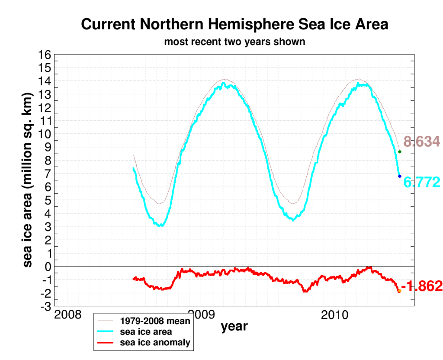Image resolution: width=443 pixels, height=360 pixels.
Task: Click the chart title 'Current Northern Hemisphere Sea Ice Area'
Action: (x=234, y=24)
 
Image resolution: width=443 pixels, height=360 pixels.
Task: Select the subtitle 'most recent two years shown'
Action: (x=234, y=42)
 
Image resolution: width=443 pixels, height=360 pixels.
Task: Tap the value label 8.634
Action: (x=421, y=141)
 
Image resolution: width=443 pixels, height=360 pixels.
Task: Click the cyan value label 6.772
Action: (x=421, y=182)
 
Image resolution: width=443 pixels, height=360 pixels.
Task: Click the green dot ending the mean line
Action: (x=400, y=151)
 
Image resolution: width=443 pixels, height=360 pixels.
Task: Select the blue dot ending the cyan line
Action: (x=400, y=176)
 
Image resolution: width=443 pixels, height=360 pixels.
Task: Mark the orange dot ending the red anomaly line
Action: (x=399, y=291)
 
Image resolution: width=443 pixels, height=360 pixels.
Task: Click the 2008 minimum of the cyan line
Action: (x=161, y=225)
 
